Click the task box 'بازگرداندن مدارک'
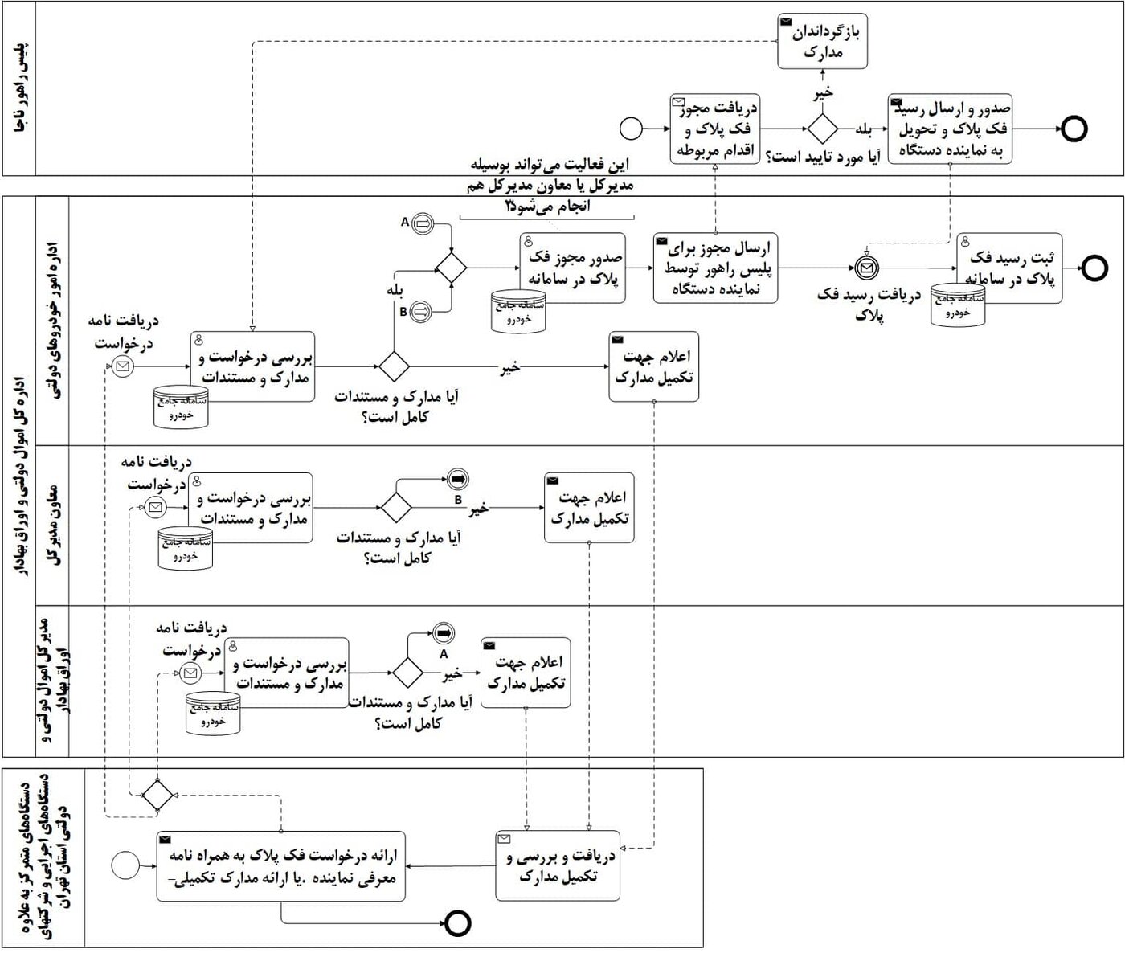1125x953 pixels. pyautogui.click(x=822, y=42)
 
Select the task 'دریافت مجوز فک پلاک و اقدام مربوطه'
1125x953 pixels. pyautogui.click(x=714, y=129)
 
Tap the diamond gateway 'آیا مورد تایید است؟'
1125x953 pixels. pyautogui.click(x=821, y=129)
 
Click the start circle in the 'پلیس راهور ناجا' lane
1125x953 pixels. pyautogui.click(x=632, y=129)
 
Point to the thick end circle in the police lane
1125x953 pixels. pyautogui.click(x=1074, y=129)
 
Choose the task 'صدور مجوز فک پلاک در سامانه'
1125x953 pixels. pyautogui.click(x=573, y=268)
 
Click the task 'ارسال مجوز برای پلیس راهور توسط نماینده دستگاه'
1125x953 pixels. pyautogui.click(x=715, y=268)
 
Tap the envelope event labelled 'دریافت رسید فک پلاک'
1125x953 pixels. pyautogui.click(x=865, y=268)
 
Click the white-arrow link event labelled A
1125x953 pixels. pyautogui.click(x=422, y=224)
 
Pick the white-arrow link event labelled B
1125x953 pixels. pyautogui.click(x=422, y=310)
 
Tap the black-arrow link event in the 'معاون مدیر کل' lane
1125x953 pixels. pyautogui.click(x=458, y=479)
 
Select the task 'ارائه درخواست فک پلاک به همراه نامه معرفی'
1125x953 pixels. pyautogui.click(x=281, y=867)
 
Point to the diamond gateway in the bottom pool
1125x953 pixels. pyautogui.click(x=157, y=795)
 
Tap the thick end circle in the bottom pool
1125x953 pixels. pyautogui.click(x=459, y=923)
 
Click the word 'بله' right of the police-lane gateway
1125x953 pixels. pyautogui.click(x=863, y=129)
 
